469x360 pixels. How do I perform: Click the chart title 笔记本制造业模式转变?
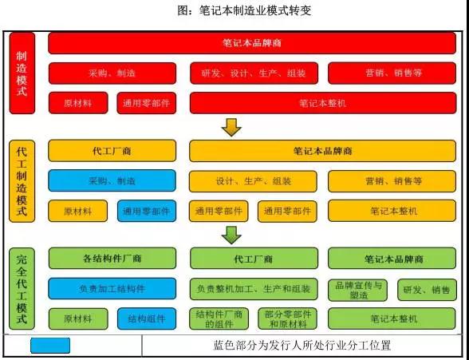point(244,11)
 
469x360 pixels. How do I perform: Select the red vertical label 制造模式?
point(22,73)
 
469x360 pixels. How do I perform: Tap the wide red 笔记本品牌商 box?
point(252,43)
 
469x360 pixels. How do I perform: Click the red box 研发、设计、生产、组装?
point(254,73)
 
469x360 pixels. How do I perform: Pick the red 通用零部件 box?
point(147,103)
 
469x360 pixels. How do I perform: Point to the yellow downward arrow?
point(231,128)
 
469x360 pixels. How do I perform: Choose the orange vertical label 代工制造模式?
point(22,181)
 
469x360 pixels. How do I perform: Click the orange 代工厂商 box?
point(112,151)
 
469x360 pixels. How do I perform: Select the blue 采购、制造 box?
point(112,180)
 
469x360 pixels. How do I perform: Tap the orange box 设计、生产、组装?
point(253,181)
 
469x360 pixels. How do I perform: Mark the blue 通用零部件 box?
point(147,212)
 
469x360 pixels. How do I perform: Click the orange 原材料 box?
point(78,212)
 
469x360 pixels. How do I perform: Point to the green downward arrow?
point(231,235)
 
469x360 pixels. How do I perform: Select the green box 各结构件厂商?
point(112,259)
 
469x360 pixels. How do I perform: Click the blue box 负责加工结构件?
point(112,289)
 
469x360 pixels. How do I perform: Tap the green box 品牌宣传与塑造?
point(357,290)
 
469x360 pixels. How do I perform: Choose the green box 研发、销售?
point(427,290)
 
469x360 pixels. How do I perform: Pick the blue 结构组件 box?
point(147,319)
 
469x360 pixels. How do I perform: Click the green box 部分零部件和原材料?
point(287,319)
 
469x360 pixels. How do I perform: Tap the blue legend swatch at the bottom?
point(50,346)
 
